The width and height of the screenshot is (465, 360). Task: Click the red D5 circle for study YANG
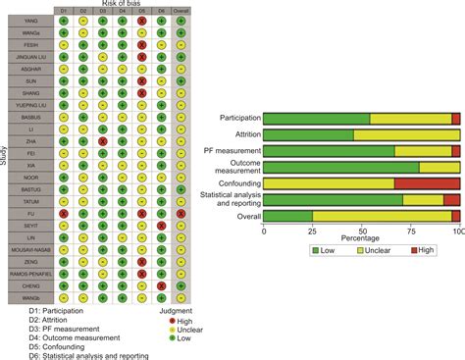coord(141,19)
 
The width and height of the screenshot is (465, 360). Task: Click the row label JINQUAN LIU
coord(29,60)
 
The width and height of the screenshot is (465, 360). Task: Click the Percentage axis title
coord(361,238)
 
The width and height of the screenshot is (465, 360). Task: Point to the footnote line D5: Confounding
coord(59,345)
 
